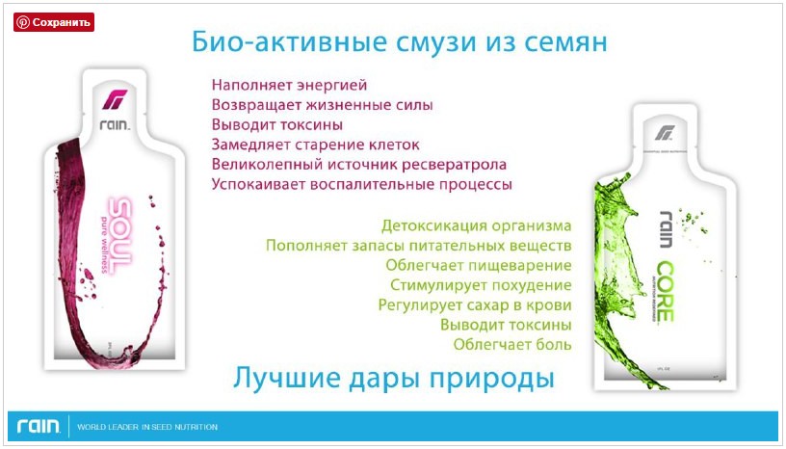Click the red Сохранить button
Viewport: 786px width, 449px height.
pyautogui.click(x=54, y=22)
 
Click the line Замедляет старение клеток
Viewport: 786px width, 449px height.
pyautogui.click(x=315, y=145)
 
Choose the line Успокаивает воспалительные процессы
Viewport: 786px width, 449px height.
pyautogui.click(x=361, y=183)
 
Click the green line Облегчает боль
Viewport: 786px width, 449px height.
pyautogui.click(x=512, y=344)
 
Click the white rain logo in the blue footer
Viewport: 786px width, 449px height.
pyautogui.click(x=38, y=426)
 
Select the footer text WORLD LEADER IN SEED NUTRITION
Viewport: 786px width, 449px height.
pyautogui.click(x=146, y=427)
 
